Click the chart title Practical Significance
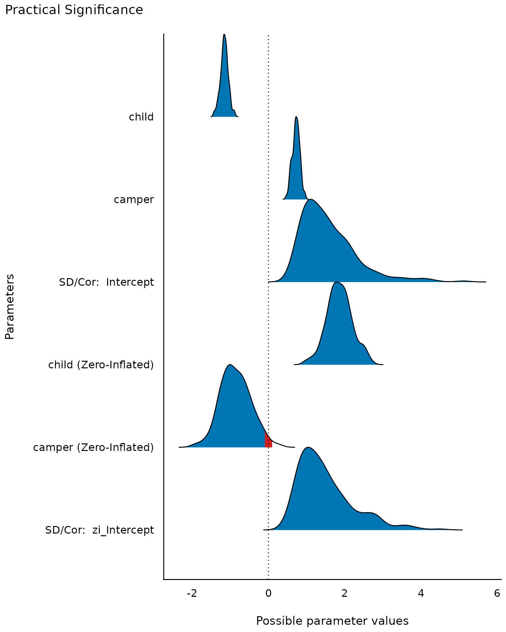pyautogui.click(x=74, y=10)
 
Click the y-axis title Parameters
pyautogui.click(x=10, y=306)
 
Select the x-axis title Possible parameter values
pyautogui.click(x=332, y=621)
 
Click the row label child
pyautogui.click(x=141, y=117)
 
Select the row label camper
pyautogui.click(x=134, y=199)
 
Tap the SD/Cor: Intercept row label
pyautogui.click(x=106, y=282)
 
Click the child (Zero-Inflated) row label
pyautogui.click(x=101, y=365)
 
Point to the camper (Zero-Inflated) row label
pyautogui.click(x=94, y=447)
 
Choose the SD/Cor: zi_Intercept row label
pyautogui.click(x=99, y=530)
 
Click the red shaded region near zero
pyautogui.click(x=268, y=441)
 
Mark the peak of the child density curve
pyautogui.click(x=224, y=35)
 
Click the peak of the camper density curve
pyautogui.click(x=296, y=117)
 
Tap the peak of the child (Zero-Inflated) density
pyautogui.click(x=336, y=282)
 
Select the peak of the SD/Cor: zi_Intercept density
pyautogui.click(x=308, y=448)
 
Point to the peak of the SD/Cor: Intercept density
pyautogui.click(x=311, y=200)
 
